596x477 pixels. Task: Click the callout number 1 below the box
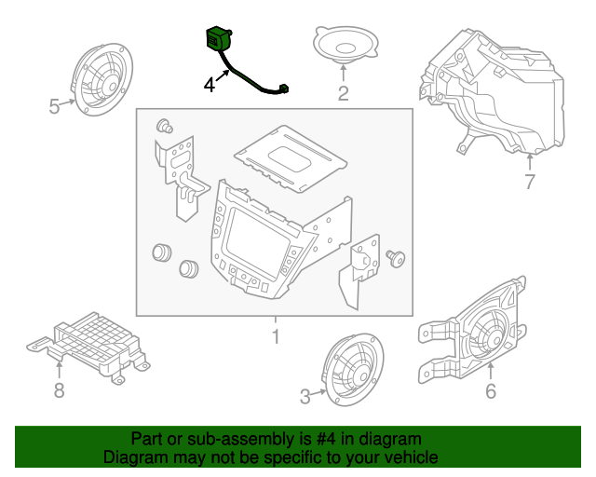click(x=275, y=334)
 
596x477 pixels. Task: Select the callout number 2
click(x=343, y=92)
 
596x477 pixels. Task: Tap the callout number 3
click(x=305, y=398)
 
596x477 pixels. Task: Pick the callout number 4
click(x=210, y=85)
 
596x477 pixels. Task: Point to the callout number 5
click(x=55, y=107)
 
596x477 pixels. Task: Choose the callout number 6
click(x=491, y=391)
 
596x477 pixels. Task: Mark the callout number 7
click(x=530, y=182)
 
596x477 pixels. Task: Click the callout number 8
click(x=59, y=390)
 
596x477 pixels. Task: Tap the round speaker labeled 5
click(x=100, y=78)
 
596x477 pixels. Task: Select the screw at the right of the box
click(x=398, y=259)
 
